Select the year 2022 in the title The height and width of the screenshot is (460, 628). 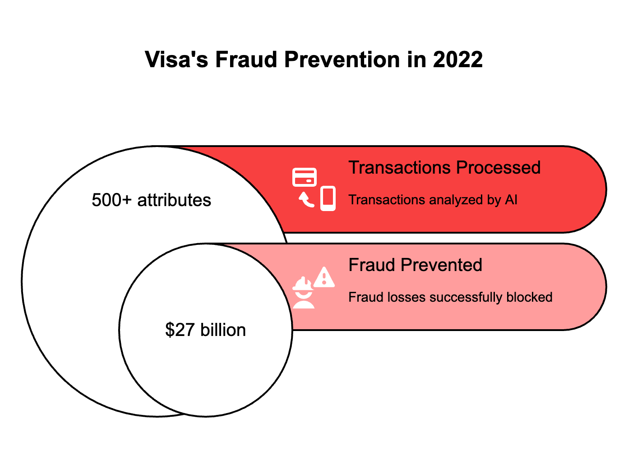pos(458,60)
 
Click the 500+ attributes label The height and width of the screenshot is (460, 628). pos(151,200)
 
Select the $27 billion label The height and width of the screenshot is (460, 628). pos(205,330)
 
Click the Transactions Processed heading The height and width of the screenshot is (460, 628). pos(444,168)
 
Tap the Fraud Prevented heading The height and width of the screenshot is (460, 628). pos(415,265)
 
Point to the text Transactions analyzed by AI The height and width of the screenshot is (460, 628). pos(433,200)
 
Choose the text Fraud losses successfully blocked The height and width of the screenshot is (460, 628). pos(450,297)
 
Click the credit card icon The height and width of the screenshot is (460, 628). pos(305,177)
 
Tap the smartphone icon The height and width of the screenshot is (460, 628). pos(328,198)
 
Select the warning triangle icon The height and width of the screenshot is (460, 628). pos(324,277)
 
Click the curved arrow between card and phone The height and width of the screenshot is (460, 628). pos(306,200)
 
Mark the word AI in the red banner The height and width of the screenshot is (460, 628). pos(511,200)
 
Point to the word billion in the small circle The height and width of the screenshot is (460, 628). pos(223,330)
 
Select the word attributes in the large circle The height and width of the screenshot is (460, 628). pos(174,200)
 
